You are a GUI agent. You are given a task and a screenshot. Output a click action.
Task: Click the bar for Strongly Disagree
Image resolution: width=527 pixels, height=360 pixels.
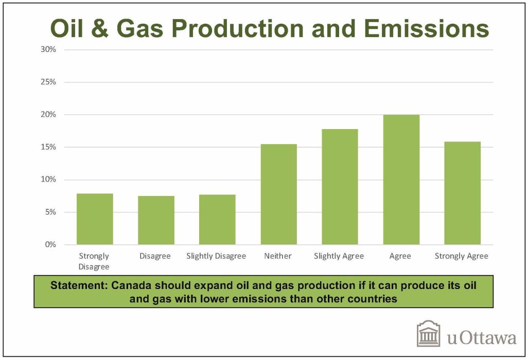(95, 219)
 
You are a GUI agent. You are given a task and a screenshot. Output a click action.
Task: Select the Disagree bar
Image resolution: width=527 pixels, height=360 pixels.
(156, 220)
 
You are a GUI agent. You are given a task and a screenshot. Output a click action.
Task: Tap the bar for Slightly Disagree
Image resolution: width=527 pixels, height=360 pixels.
(217, 220)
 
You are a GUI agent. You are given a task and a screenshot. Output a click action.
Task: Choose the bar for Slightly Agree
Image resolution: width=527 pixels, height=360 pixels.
(340, 187)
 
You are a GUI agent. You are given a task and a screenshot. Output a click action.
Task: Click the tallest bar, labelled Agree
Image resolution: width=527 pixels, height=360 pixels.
(401, 179)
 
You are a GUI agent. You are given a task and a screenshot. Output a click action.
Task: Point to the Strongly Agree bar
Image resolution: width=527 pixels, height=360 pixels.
(462, 193)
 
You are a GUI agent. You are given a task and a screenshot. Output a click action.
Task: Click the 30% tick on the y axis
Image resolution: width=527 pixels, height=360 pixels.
(48, 50)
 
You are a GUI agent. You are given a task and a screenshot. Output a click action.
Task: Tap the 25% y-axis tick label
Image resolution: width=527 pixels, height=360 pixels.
(48, 82)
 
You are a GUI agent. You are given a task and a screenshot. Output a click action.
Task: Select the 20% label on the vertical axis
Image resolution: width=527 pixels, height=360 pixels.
(48, 115)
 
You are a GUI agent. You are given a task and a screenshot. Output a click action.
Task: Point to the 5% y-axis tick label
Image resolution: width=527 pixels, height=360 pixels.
(50, 212)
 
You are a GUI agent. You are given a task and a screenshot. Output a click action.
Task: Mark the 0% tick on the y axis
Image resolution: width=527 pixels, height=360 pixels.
(50, 245)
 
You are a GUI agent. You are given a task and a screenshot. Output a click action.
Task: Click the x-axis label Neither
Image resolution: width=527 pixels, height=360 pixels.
(278, 256)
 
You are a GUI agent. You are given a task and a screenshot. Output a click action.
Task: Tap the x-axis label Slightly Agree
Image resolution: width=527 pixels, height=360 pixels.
(339, 256)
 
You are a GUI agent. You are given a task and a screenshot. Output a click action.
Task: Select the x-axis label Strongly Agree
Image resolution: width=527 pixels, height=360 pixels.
(461, 256)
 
